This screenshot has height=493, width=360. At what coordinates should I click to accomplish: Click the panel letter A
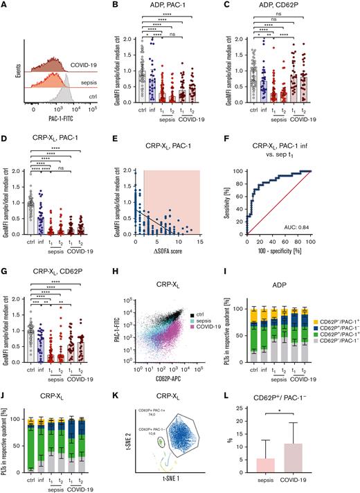tap(5, 6)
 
